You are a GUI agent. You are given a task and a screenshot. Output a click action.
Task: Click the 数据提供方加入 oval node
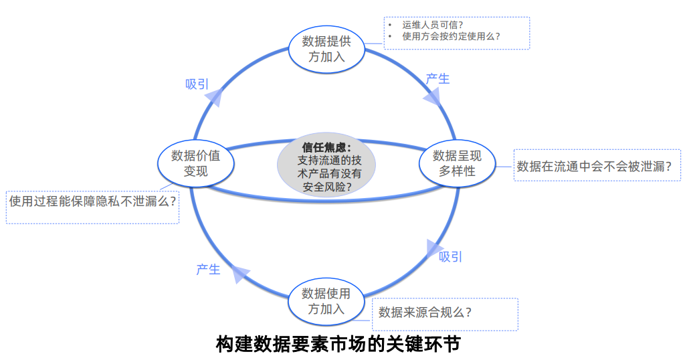pyautogui.click(x=326, y=48)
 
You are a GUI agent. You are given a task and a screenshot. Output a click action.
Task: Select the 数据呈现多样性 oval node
pyautogui.click(x=458, y=163)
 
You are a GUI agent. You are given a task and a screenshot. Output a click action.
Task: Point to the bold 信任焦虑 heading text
pyautogui.click(x=326, y=147)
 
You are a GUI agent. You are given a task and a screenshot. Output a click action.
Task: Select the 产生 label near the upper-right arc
pyautogui.click(x=437, y=79)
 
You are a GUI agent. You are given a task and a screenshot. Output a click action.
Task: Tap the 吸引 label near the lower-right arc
pyautogui.click(x=450, y=257)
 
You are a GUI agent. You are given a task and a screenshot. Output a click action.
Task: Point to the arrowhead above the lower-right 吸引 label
pyautogui.click(x=435, y=247)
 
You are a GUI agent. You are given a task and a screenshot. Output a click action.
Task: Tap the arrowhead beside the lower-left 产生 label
pyautogui.click(x=239, y=274)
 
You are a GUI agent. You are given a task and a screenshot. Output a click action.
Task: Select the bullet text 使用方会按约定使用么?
pyautogui.click(x=452, y=37)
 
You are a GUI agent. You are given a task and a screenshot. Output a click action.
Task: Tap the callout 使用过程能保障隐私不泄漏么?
pyautogui.click(x=93, y=200)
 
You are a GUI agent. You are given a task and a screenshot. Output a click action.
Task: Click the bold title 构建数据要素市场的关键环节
pyautogui.click(x=338, y=345)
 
